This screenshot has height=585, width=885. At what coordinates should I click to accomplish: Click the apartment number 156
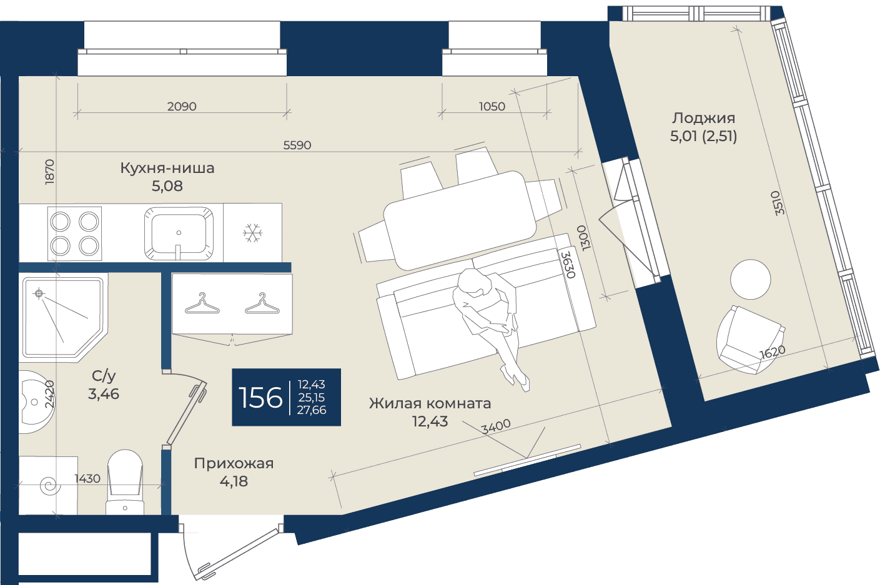261,397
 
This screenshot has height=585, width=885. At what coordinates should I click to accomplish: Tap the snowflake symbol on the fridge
252,233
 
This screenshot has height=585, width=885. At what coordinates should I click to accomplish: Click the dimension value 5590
297,145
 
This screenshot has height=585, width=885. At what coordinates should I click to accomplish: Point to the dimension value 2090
182,107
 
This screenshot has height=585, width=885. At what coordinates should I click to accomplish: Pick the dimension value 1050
492,107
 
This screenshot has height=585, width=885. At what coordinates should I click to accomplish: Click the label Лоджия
704,118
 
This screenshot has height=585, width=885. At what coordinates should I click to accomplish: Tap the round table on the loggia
750,279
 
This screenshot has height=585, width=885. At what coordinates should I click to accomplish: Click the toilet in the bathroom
125,482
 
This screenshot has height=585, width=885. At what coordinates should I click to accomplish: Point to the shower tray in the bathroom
63,317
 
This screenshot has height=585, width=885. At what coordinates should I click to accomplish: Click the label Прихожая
234,463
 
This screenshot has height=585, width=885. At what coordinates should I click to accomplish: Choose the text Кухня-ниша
167,169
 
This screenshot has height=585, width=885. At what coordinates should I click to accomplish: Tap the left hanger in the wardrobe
202,304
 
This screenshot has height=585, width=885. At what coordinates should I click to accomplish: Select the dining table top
460,220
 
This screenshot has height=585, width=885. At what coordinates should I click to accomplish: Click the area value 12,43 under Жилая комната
430,421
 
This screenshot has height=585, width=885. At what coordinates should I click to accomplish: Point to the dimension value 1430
87,479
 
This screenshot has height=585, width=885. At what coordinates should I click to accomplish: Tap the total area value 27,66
312,410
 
